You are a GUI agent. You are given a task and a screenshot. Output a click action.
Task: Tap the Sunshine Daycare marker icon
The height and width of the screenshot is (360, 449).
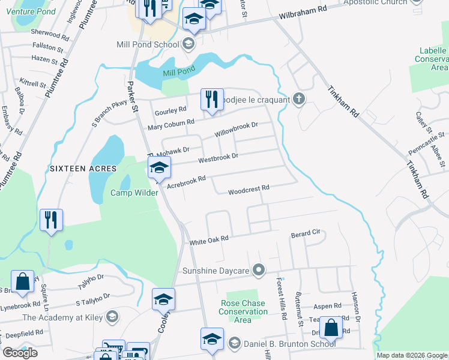pyautogui.click(x=259, y=271)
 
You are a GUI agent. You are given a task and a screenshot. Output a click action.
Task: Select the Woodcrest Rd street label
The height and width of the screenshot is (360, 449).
pyautogui.click(x=249, y=189)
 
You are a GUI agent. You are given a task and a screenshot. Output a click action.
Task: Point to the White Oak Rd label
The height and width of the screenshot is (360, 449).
pyautogui.click(x=209, y=239)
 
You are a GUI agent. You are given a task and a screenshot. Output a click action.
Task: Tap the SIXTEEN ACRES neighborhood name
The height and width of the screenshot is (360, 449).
pyautogui.click(x=79, y=169)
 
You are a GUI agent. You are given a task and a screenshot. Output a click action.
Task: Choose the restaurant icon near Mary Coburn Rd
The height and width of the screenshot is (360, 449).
pyautogui.click(x=211, y=100)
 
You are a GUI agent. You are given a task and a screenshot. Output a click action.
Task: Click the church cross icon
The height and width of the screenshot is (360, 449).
pyautogui.click(x=298, y=100)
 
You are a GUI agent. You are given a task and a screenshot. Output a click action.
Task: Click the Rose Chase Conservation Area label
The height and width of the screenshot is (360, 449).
pyautogui.click(x=243, y=311)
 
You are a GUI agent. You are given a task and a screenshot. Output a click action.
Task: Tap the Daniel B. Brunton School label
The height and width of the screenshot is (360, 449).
pyautogui.click(x=289, y=344)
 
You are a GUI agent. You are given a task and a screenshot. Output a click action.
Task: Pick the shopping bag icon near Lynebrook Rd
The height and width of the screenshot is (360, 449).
pyautogui.click(x=22, y=283)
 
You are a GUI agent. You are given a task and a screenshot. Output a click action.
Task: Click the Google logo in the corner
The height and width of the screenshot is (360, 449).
pyautogui.click(x=20, y=353)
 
